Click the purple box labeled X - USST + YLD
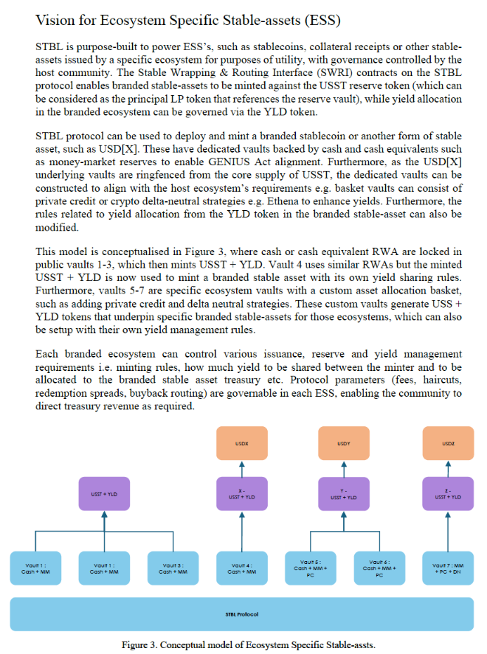242,494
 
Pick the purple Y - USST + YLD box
344,494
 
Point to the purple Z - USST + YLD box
448,494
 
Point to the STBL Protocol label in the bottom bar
241,613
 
